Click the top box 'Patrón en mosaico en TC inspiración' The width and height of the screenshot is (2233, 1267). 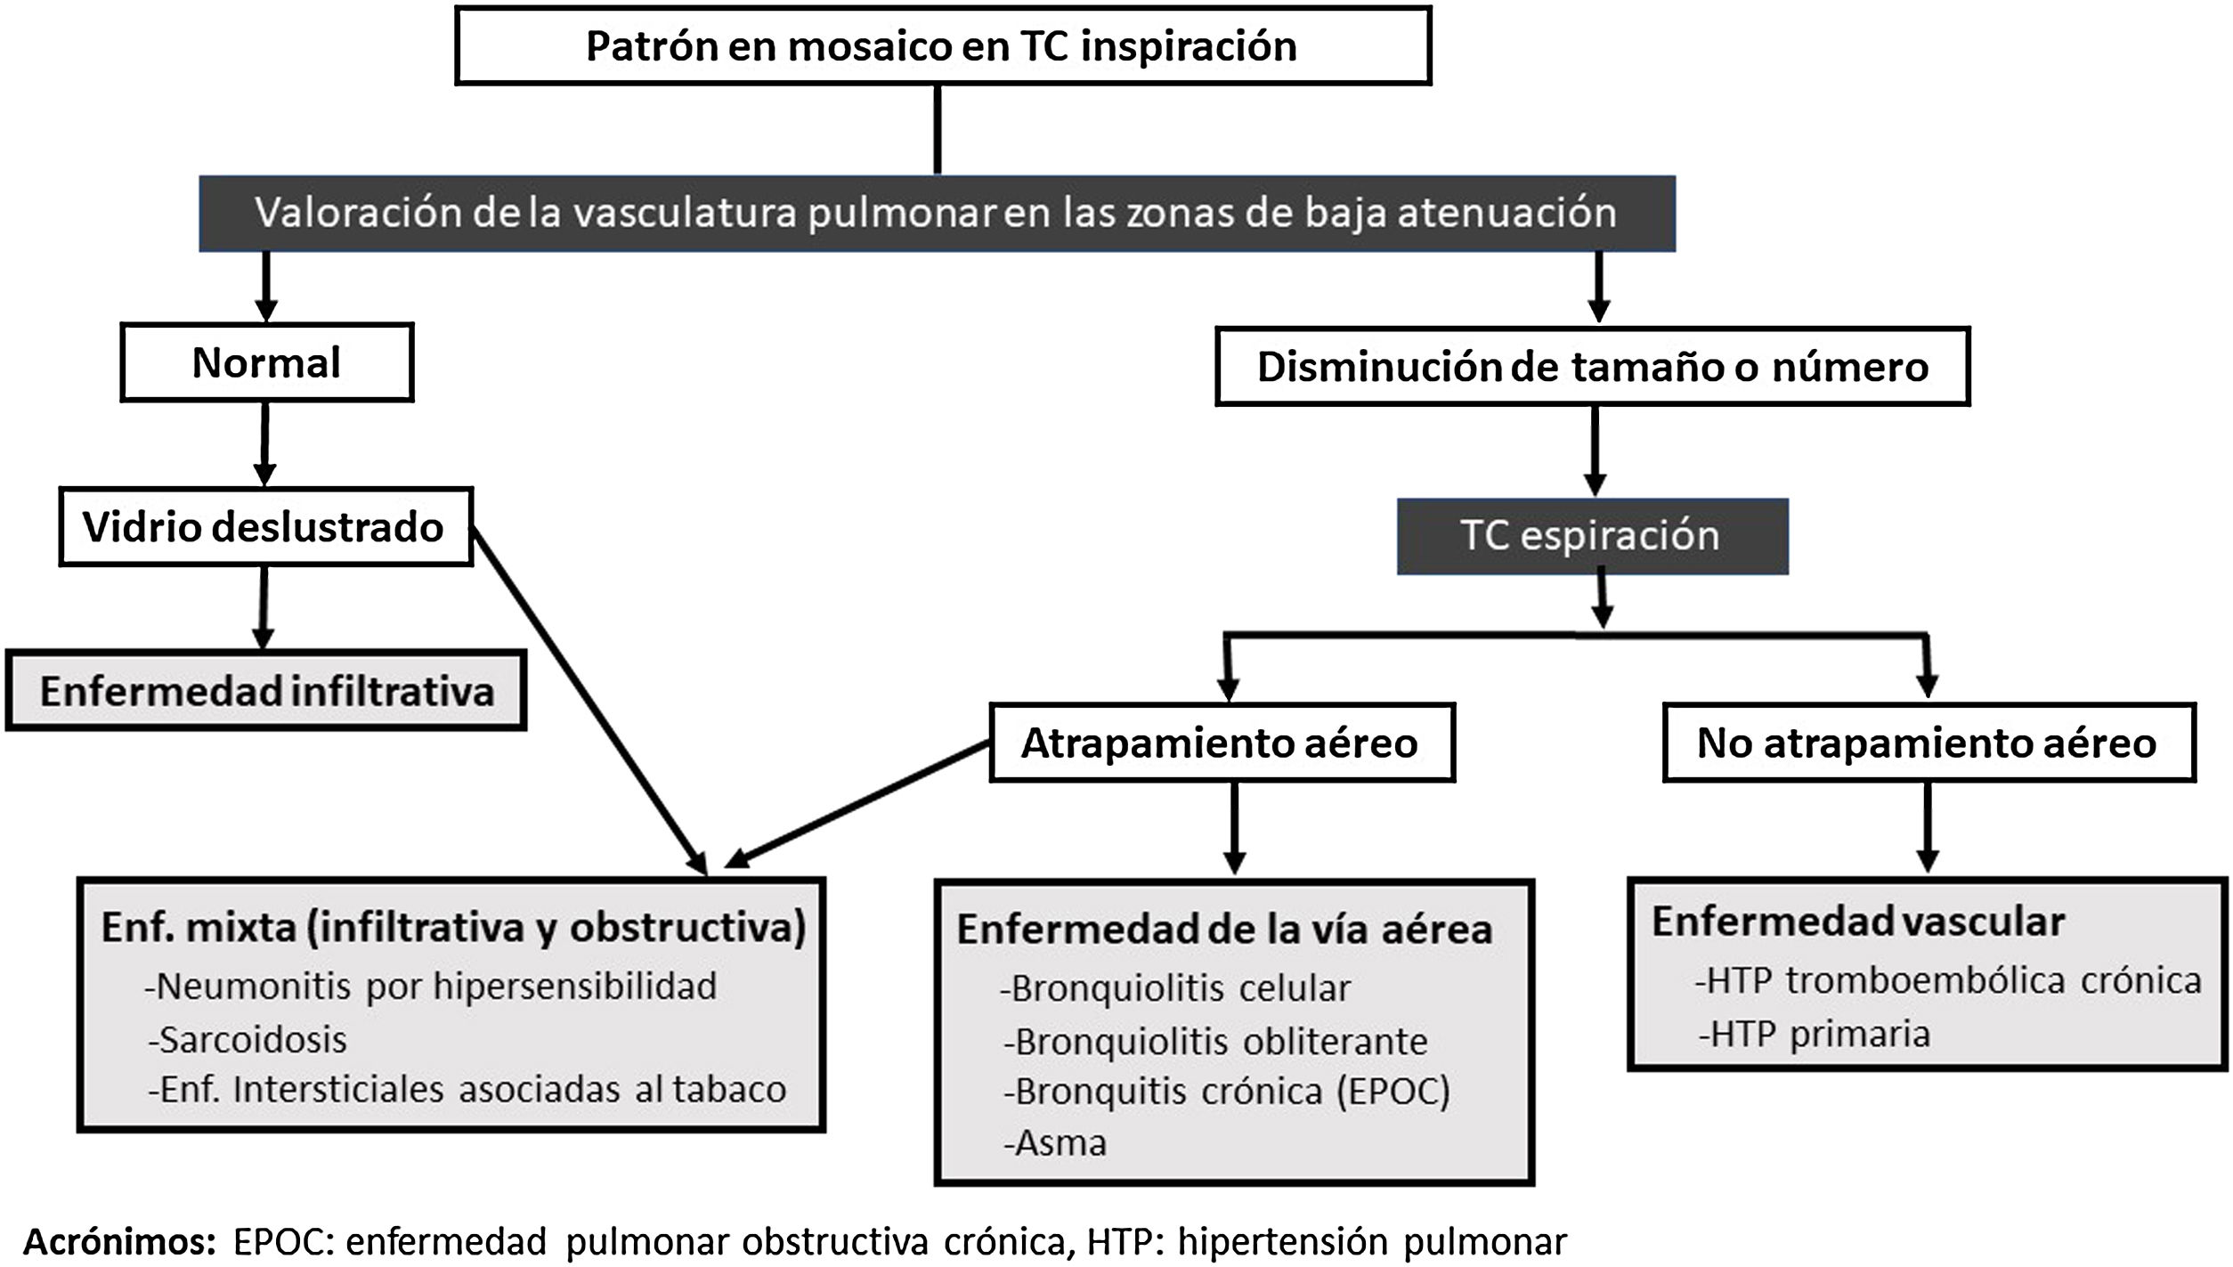(942, 46)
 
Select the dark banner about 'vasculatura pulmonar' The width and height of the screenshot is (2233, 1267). (936, 214)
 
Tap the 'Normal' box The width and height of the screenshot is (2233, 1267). (266, 363)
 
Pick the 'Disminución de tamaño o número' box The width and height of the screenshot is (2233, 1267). (1592, 368)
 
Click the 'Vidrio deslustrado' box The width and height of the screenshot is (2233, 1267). (264, 527)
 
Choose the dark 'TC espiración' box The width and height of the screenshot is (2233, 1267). (1591, 536)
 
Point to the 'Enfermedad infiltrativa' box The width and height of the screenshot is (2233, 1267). (266, 691)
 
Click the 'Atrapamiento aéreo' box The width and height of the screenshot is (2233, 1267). (1221, 743)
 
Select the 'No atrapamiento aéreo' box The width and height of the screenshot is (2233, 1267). (1928, 743)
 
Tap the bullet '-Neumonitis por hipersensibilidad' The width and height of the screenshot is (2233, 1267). (431, 987)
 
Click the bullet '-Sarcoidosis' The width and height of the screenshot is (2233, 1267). (248, 1039)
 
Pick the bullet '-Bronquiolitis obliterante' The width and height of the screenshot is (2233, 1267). (1215, 1041)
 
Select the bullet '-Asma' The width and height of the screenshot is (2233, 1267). (1055, 1142)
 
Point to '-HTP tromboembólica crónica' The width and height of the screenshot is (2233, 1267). (1948, 980)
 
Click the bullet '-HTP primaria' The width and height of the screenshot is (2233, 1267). (1814, 1034)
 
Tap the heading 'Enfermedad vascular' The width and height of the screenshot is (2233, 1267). (1858, 922)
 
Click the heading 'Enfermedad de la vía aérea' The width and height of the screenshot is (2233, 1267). (1224, 930)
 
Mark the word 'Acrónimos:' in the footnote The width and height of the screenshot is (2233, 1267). (119, 1241)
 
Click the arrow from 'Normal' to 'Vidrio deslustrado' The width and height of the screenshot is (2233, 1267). (264, 443)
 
